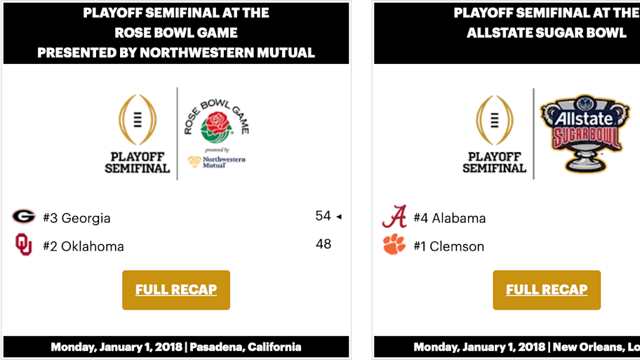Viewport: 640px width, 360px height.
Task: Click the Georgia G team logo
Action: point(23,216)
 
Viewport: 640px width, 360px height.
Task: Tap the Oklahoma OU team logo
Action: point(24,245)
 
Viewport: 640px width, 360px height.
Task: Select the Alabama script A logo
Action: point(394,216)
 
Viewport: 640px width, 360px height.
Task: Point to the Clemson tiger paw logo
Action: point(394,245)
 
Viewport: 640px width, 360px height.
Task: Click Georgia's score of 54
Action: point(323,216)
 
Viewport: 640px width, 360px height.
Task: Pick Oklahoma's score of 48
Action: point(323,244)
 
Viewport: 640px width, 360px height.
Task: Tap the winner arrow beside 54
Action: point(339,217)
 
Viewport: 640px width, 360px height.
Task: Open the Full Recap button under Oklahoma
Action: point(176,290)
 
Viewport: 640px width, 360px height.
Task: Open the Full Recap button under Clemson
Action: point(547,290)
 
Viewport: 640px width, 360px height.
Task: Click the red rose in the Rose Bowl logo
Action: point(216,127)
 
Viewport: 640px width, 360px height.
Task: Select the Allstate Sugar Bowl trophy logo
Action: point(581,133)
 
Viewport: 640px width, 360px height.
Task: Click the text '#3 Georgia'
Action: point(76,218)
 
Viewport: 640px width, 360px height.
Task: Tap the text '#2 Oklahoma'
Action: point(83,246)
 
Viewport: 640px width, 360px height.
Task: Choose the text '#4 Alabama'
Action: point(449,218)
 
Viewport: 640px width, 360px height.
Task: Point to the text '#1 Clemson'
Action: point(448,246)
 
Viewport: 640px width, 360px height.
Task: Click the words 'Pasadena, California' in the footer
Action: point(246,347)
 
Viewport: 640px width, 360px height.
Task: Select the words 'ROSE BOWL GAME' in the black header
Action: point(176,33)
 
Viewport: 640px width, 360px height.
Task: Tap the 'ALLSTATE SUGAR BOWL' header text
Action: point(547,33)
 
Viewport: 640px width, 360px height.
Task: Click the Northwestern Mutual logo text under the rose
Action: point(223,162)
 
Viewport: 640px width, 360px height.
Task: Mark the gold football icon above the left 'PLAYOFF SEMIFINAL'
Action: point(138,118)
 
